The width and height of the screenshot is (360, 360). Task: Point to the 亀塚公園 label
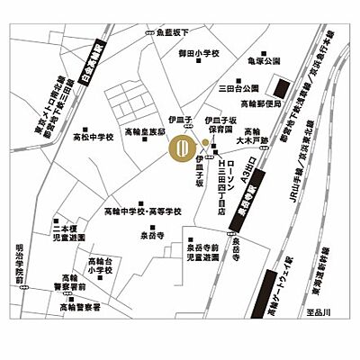(x=261, y=63)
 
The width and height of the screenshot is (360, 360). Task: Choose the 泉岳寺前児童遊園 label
(x=203, y=252)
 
